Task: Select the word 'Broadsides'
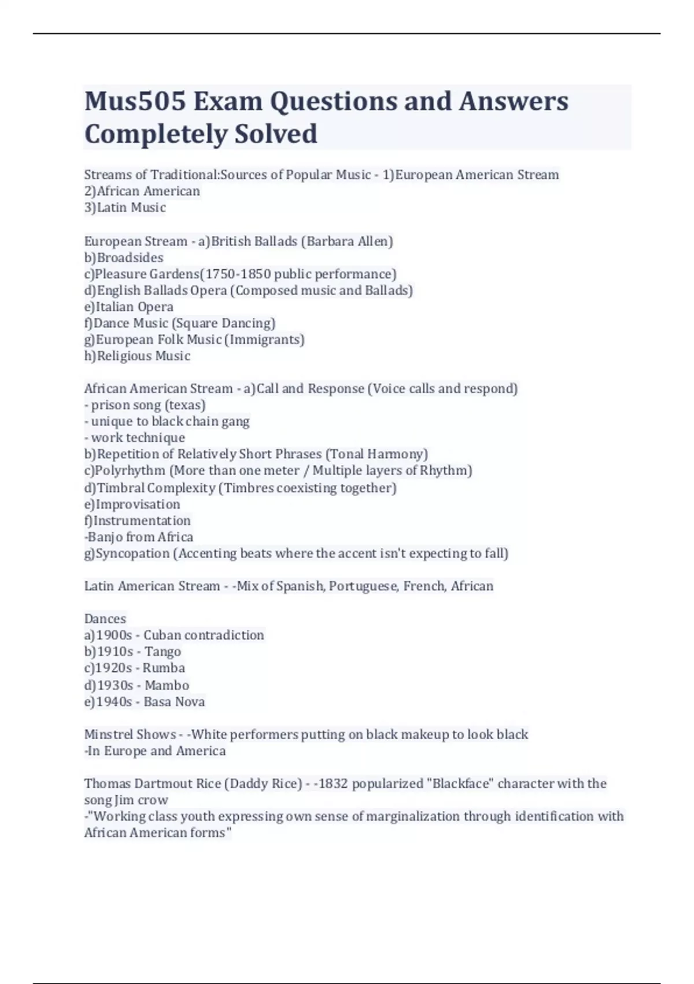point(130,258)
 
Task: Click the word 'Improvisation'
point(138,504)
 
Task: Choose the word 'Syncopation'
point(132,553)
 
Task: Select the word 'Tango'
point(163,652)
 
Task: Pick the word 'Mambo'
point(167,685)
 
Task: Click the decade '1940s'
point(114,702)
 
